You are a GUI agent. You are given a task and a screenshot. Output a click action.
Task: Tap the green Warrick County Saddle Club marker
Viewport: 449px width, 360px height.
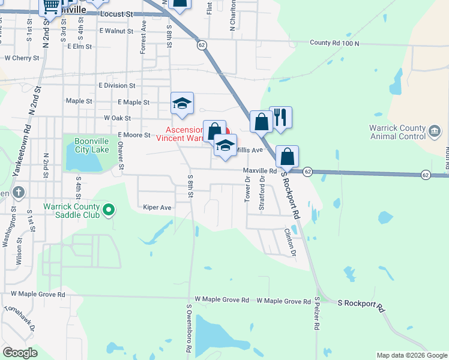pyautogui.click(x=109, y=209)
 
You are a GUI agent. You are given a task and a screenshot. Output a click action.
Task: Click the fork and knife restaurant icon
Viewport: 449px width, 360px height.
pyautogui.click(x=280, y=116)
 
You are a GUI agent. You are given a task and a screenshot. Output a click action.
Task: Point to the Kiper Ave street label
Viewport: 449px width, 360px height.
pyautogui.click(x=157, y=208)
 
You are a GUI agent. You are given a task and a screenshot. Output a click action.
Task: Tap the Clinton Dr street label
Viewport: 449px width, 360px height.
pyautogui.click(x=291, y=242)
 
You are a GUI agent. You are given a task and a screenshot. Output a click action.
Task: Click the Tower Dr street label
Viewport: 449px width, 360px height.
pyautogui.click(x=247, y=189)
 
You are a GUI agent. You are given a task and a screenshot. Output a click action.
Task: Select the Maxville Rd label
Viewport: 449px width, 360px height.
pyautogui.click(x=259, y=171)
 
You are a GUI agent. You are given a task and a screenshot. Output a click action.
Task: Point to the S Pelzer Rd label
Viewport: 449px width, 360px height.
pyautogui.click(x=316, y=313)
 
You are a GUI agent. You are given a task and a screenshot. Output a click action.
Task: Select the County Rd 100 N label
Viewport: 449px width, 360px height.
pyautogui.click(x=334, y=43)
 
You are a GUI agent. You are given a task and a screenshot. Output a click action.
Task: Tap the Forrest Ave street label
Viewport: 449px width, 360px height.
pyautogui.click(x=143, y=37)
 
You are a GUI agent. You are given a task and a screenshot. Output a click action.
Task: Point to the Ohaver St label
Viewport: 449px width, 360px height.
pyautogui.click(x=120, y=155)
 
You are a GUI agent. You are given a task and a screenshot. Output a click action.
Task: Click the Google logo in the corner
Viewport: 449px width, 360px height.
pyautogui.click(x=19, y=353)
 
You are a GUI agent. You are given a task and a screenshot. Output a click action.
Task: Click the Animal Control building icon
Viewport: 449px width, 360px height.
pyautogui.click(x=435, y=130)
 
